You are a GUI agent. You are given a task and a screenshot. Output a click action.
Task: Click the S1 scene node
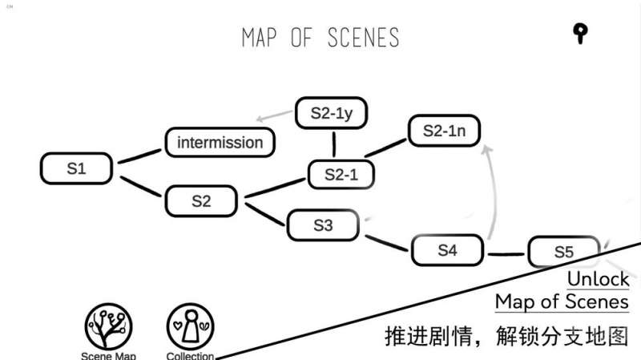tap(76, 168)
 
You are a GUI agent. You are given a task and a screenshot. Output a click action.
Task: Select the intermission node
tap(220, 143)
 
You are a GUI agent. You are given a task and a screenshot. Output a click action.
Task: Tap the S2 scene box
tap(202, 201)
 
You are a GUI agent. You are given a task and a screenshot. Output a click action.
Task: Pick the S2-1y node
tap(332, 113)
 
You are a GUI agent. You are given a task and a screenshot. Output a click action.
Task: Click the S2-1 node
tap(341, 175)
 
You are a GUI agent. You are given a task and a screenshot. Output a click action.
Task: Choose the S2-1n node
tap(445, 131)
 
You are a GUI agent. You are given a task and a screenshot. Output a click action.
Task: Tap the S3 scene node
tap(323, 225)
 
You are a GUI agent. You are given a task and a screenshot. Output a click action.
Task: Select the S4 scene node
tap(448, 250)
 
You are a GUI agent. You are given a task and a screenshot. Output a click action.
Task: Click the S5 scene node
tap(564, 252)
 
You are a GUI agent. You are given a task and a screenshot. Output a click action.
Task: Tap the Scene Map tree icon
tap(108, 326)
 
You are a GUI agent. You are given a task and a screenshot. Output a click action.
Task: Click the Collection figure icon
tap(191, 326)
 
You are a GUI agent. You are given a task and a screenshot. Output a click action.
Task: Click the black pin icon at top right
tap(580, 33)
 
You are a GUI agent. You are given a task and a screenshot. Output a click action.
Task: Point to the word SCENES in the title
tap(363, 38)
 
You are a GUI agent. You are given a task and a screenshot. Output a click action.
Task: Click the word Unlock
tap(598, 279)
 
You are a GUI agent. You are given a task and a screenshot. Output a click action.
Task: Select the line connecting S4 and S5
tap(506, 254)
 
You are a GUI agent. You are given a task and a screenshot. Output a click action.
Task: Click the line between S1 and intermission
tap(139, 156)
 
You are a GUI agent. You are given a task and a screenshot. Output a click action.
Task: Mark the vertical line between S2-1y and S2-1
tap(334, 144)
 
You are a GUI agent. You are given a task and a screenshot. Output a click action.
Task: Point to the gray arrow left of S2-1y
tap(274, 115)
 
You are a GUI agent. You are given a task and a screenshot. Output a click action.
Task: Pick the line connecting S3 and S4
tap(387, 243)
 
